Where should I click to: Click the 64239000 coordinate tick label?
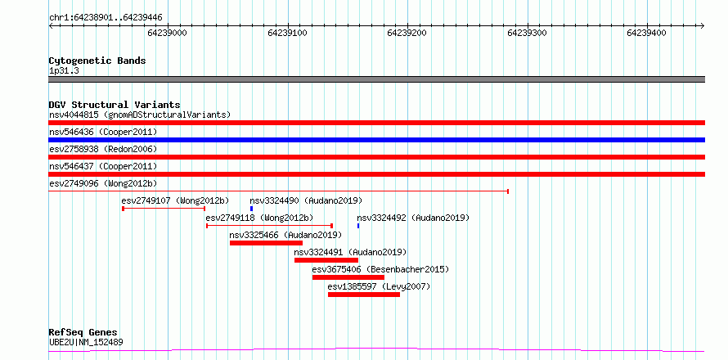coord(167,33)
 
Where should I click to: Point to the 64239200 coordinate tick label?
coord(407,33)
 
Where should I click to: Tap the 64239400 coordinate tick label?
coord(646,33)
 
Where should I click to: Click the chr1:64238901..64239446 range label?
coord(106,18)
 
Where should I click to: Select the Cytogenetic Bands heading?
coord(97,61)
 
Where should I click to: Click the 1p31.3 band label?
coord(64,71)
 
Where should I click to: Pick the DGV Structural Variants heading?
coord(115,105)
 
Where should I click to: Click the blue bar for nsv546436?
coord(376,140)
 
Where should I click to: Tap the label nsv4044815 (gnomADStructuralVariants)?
coord(140,115)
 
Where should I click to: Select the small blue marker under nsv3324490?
coord(252,209)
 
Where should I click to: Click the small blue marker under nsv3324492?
coord(358,226)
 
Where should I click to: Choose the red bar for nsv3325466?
coord(266,243)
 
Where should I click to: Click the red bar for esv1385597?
coord(364,295)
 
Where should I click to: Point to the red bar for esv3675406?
coord(348,277)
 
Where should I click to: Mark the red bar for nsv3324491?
coord(326,260)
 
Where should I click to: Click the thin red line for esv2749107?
coord(164,209)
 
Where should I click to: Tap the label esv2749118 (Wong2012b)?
coord(259,218)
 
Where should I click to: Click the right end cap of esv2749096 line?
coord(508,191)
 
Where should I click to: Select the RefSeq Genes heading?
coord(83,333)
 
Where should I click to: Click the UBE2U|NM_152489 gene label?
coord(86,343)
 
